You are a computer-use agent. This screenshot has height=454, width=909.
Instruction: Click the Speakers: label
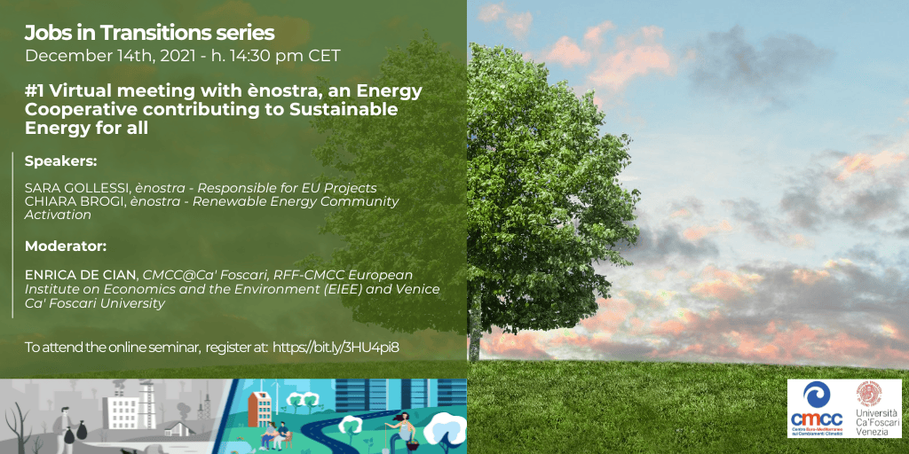[x=61, y=161]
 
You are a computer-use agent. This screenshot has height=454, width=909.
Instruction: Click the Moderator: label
[x=66, y=247]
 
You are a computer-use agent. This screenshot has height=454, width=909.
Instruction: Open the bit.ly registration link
[x=336, y=347]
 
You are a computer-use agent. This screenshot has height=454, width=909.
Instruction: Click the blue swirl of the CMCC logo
[x=817, y=395]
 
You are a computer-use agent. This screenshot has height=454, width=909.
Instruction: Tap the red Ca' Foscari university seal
[x=869, y=395]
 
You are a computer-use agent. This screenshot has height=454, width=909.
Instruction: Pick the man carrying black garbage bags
[x=69, y=427]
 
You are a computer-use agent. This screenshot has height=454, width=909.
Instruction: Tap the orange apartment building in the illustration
[x=260, y=409]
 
